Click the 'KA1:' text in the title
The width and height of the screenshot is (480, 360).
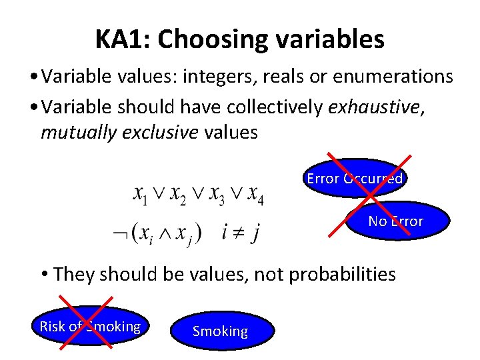point(123,40)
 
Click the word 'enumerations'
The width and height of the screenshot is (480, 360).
point(393,77)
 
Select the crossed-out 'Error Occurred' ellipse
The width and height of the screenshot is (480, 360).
point(355,179)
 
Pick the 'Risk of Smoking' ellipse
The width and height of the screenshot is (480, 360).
point(89,327)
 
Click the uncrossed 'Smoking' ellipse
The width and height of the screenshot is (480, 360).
point(220,331)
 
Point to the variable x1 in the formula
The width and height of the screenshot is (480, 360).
point(141,194)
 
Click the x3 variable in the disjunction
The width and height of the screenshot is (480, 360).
point(217,194)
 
